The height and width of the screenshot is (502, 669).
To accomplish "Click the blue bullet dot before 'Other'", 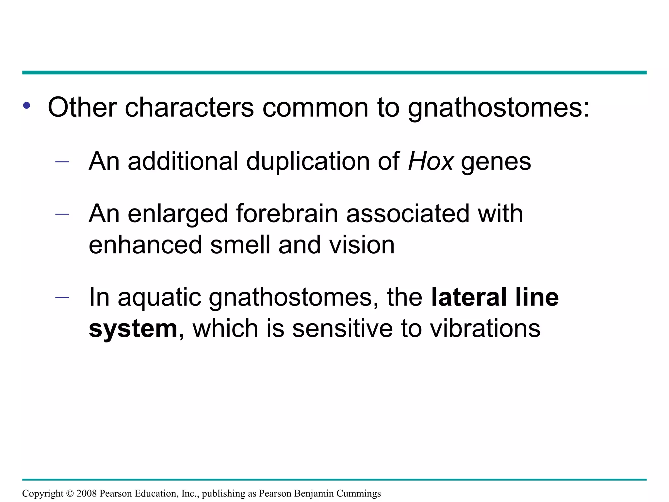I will click(27, 106).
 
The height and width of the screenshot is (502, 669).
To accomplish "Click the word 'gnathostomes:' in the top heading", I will click(499, 108).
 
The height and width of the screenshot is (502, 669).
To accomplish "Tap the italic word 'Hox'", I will click(431, 161).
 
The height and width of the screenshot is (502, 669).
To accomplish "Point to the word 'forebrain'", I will click(287, 214).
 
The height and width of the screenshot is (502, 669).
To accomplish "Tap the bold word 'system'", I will click(133, 329).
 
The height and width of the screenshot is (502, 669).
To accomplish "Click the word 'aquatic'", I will click(159, 298).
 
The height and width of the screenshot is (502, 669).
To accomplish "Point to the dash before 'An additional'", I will click(62, 161).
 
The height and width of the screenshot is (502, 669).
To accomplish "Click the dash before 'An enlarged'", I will click(62, 214).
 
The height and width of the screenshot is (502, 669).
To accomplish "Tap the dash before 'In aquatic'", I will click(62, 297).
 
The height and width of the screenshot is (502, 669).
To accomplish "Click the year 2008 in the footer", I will click(87, 493).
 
